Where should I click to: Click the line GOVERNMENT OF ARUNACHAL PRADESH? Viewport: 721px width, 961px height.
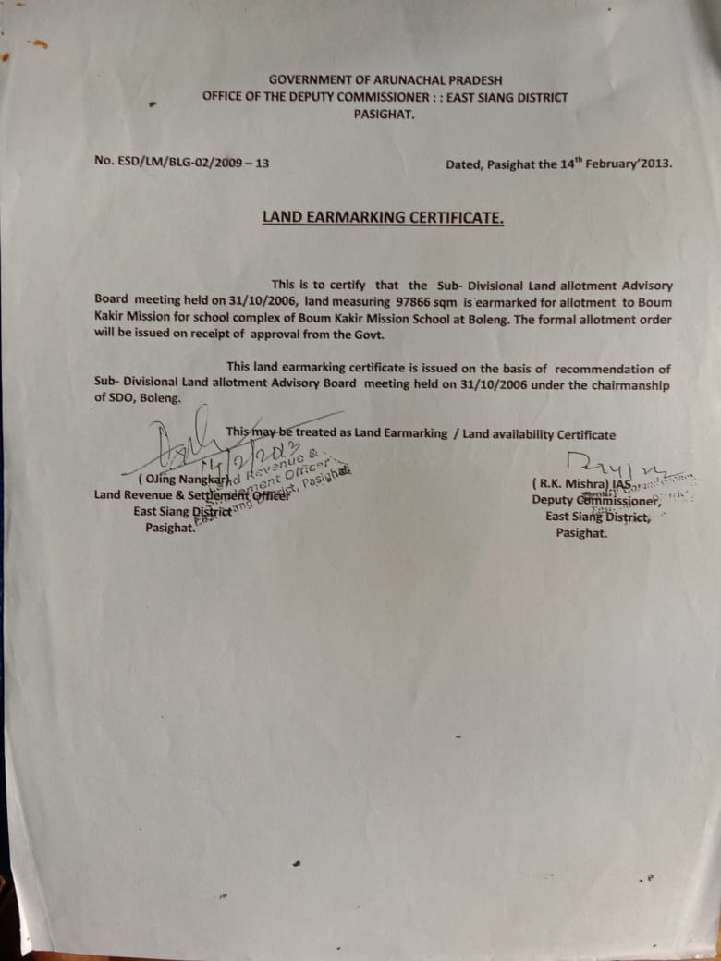(x=385, y=80)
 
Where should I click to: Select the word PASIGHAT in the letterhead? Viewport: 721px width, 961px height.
(x=385, y=114)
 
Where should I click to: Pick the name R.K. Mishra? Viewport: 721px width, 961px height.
(x=572, y=483)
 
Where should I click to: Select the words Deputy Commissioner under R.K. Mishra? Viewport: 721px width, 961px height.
(x=595, y=500)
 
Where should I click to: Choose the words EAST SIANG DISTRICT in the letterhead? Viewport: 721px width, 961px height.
(x=507, y=97)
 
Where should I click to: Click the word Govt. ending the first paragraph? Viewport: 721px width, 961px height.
(x=362, y=335)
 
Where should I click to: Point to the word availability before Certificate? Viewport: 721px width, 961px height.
(x=518, y=434)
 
